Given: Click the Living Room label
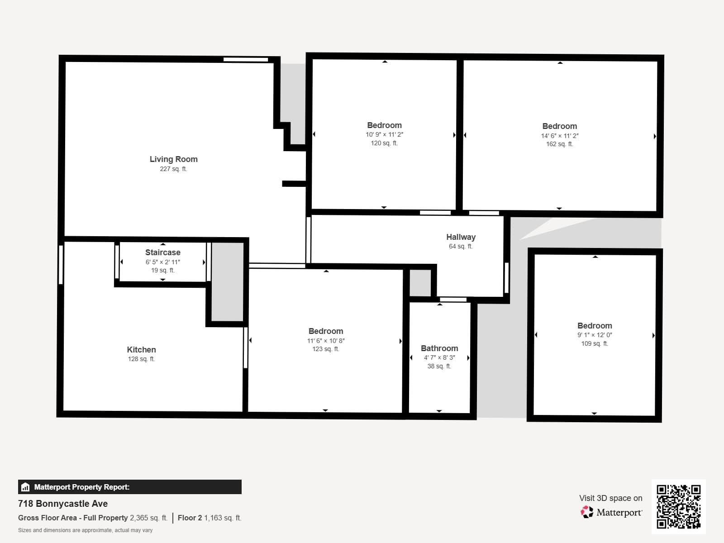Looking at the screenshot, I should (x=173, y=159).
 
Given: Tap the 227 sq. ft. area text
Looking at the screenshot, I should (x=173, y=169).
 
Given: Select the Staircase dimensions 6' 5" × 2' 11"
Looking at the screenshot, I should (x=163, y=262).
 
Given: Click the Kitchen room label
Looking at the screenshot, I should (x=141, y=350).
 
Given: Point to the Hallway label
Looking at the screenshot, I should (x=461, y=237).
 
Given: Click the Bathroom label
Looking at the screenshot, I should (x=439, y=348).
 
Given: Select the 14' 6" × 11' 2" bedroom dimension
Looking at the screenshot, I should (x=560, y=136).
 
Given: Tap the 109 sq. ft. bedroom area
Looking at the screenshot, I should (x=595, y=343).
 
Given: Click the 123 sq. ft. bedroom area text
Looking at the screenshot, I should (x=325, y=349).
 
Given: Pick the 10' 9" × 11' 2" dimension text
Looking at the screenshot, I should (x=384, y=134).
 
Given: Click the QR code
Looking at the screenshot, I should (x=678, y=506).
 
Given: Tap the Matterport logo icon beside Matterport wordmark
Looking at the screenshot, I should (x=587, y=512).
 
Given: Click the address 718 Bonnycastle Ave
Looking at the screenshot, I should (x=63, y=504).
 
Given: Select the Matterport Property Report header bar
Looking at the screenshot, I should (x=129, y=487).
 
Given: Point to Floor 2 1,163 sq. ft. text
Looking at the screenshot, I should (x=210, y=518).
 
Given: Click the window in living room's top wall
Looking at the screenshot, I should (x=246, y=59).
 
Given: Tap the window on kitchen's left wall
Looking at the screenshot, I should (x=61, y=265).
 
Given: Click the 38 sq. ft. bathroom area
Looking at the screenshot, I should (x=439, y=366).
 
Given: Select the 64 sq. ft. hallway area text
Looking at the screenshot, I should (x=461, y=247).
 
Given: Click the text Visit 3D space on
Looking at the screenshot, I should (x=610, y=498).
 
